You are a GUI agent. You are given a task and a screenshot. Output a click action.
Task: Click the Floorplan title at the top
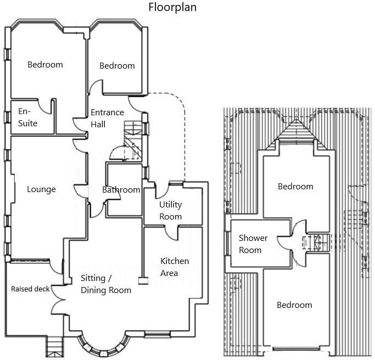[x=172, y=8]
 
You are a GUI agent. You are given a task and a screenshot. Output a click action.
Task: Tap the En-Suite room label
[x=27, y=117]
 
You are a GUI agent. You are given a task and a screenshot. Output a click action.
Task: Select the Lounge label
[x=41, y=189]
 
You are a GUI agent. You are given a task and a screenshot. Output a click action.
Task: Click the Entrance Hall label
[x=107, y=118]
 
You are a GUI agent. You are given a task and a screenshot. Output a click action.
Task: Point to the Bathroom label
[x=121, y=190]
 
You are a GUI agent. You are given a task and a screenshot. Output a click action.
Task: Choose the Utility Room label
[x=170, y=210]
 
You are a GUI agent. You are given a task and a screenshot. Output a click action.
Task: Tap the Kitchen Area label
[x=174, y=267]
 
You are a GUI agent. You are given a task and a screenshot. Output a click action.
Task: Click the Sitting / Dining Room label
[x=106, y=284]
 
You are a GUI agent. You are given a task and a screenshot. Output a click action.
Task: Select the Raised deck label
[x=30, y=289]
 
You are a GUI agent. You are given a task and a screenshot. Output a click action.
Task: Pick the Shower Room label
[x=253, y=244]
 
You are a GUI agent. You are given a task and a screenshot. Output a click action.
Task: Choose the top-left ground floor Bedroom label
[x=45, y=64]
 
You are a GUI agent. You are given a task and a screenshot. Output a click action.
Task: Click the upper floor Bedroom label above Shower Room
[x=295, y=187]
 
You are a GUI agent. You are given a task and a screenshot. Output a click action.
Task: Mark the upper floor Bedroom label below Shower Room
[x=294, y=305]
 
